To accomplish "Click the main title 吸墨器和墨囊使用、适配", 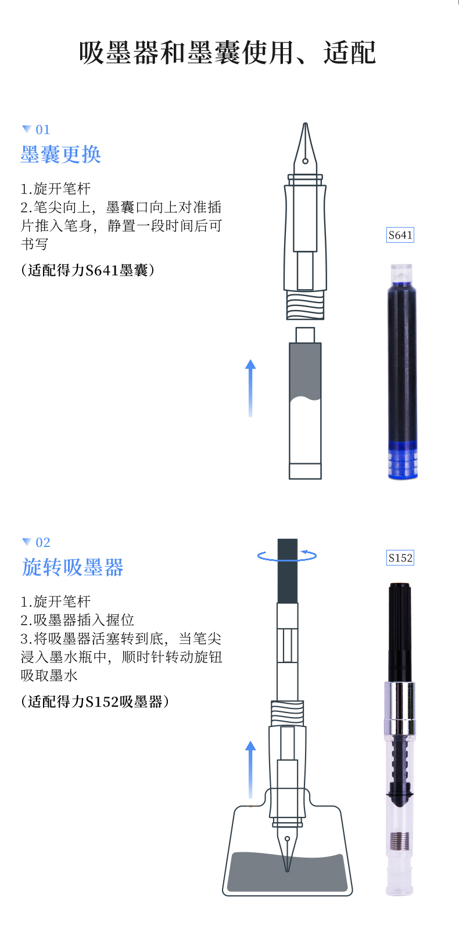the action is point(228,53).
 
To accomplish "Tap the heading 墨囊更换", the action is point(61,154).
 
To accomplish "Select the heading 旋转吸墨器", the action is point(72,567).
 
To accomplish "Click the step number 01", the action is point(42,129).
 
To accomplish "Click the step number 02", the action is point(42,542).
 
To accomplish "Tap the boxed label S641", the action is point(400,235).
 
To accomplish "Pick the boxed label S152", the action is point(400,557).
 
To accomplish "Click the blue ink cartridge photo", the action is point(403,372).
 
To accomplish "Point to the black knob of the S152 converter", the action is point(400,632).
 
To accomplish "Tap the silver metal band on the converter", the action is point(400,707).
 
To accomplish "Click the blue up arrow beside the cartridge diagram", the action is point(250,388).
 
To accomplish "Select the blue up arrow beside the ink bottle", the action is point(250,770).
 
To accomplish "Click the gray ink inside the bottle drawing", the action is point(287,871).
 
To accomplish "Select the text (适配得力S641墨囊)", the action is point(88,271).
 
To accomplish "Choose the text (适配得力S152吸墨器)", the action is point(95,701).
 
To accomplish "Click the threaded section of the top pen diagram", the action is point(305,305).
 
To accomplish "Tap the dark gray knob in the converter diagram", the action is point(288,571).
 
